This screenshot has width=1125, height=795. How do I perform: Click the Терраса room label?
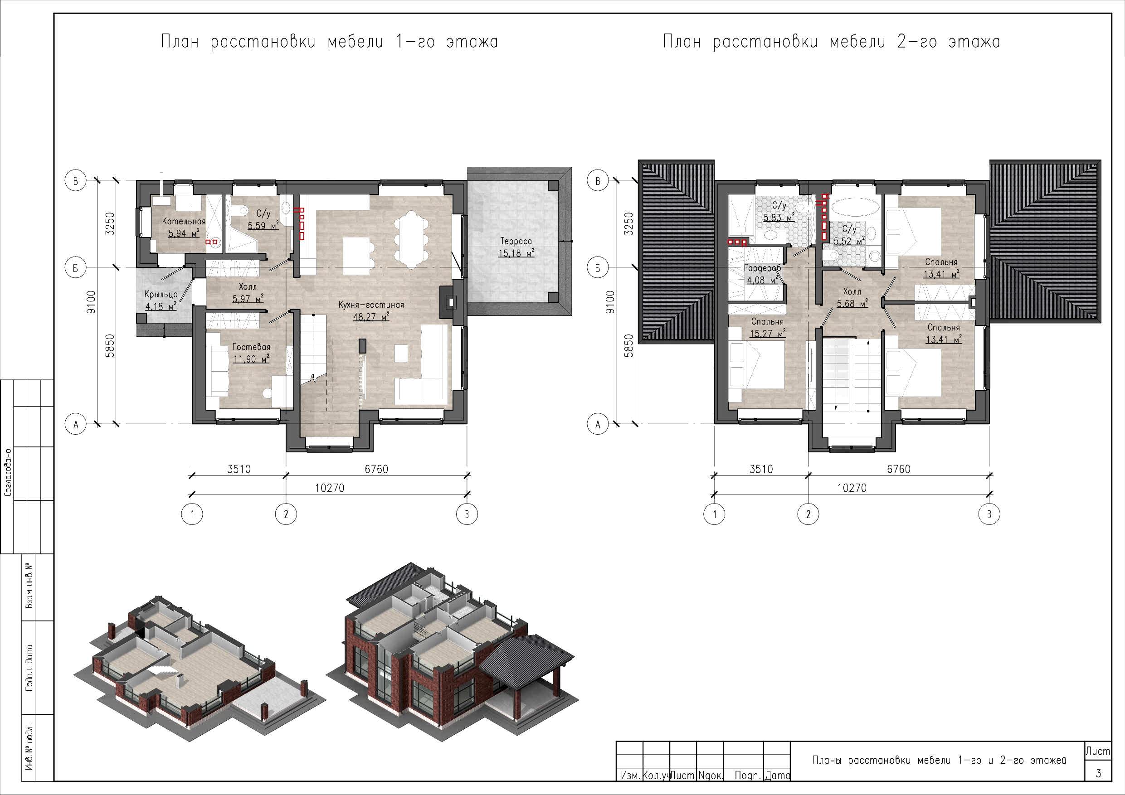tap(516, 241)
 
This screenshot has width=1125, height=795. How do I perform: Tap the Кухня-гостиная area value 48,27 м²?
tap(371, 317)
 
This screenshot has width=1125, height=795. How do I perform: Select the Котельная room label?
tap(184, 221)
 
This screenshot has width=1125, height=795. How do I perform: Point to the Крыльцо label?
tap(161, 295)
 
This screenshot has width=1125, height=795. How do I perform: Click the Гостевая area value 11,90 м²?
tap(251, 359)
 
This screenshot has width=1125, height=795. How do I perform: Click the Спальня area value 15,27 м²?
tap(767, 334)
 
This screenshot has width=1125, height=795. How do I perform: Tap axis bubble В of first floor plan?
tap(75, 181)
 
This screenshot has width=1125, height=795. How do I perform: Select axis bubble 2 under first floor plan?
tap(286, 514)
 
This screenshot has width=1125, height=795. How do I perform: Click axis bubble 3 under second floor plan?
tap(989, 514)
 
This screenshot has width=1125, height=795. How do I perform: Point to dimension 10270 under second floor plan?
tap(852, 488)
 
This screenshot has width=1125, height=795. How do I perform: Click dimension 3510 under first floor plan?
tap(239, 469)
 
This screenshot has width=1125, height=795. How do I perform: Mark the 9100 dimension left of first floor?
tap(92, 302)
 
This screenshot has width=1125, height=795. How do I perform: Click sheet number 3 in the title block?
tap(1098, 773)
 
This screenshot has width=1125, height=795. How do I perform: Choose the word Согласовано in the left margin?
tap(8, 473)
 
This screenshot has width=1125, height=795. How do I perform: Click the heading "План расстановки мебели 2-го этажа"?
tap(832, 42)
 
